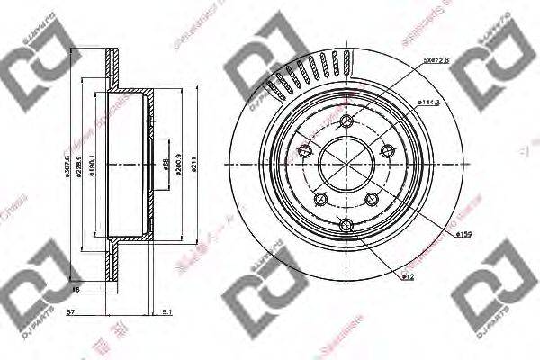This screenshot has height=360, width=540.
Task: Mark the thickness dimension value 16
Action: pyautogui.click(x=77, y=291)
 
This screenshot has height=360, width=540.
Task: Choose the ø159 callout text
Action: pyautogui.click(x=463, y=235)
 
